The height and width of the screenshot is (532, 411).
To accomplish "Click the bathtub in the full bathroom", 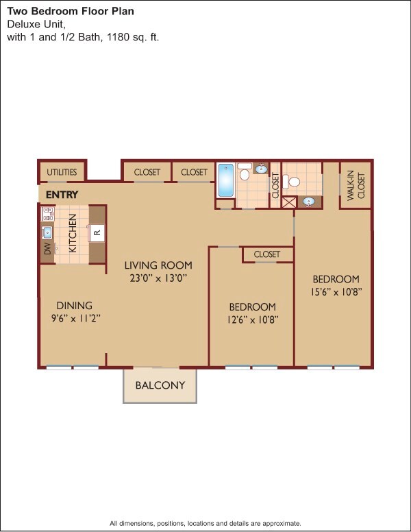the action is pyautogui.click(x=226, y=180).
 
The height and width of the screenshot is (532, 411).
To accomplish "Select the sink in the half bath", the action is pyautogui.click(x=309, y=202).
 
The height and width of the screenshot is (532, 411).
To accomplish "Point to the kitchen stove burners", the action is pyautogui.click(x=47, y=214).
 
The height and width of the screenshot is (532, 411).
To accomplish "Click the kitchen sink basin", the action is pyautogui.click(x=47, y=232).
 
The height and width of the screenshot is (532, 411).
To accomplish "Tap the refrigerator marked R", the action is pyautogui.click(x=97, y=233).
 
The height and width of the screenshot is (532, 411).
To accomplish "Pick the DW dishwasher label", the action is pyautogui.click(x=47, y=249).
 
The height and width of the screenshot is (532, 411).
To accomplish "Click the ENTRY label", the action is pyautogui.click(x=62, y=195).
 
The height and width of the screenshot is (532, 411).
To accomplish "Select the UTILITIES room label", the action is pyautogui.click(x=62, y=172).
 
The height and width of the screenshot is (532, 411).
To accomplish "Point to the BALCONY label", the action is pyautogui.click(x=160, y=385).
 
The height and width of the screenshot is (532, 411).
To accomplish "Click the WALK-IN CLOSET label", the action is pyautogui.click(x=356, y=186).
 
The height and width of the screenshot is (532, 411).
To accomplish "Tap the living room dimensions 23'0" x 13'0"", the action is pyautogui.click(x=158, y=278).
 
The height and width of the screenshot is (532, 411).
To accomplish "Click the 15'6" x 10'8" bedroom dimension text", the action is pyautogui.click(x=336, y=292).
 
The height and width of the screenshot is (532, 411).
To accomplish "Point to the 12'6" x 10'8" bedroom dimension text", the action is pyautogui.click(x=253, y=319).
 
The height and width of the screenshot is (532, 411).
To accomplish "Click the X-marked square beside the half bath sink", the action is pyautogui.click(x=289, y=202).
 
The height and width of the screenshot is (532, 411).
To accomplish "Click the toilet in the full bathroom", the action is pyautogui.click(x=245, y=171).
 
